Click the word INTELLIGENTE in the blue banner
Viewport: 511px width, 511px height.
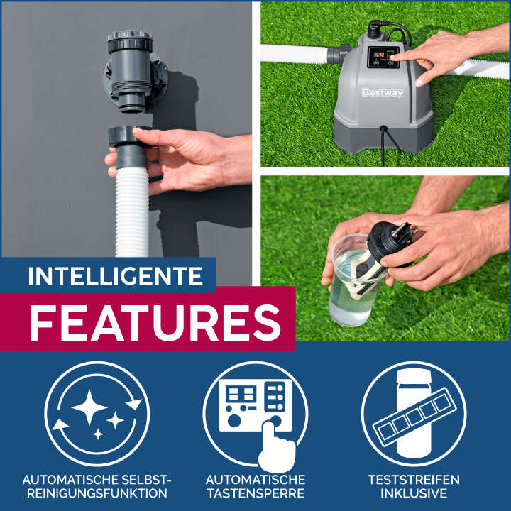pyautogui.click(x=116, y=276)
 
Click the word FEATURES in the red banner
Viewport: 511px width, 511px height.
pyautogui.click(x=155, y=323)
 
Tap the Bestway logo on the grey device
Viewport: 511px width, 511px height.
pyautogui.click(x=383, y=93)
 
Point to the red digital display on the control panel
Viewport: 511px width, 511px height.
pyautogui.click(x=379, y=55)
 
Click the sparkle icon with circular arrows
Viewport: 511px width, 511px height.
pyautogui.click(x=97, y=414)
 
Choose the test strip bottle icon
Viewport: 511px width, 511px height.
pyautogui.click(x=414, y=414)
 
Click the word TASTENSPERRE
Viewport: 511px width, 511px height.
pyautogui.click(x=255, y=493)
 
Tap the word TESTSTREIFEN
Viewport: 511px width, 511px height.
pyautogui.click(x=414, y=480)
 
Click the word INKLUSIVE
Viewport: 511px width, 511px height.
pyautogui.click(x=414, y=493)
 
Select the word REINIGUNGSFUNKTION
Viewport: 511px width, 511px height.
pyautogui.click(x=97, y=493)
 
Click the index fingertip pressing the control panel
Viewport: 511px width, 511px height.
pyautogui.click(x=393, y=58)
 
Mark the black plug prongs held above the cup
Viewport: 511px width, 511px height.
pyautogui.click(x=402, y=229)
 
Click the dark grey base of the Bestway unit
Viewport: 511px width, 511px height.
pyautogui.click(x=383, y=138)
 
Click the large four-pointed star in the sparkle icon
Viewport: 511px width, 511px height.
pyautogui.click(x=89, y=407)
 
